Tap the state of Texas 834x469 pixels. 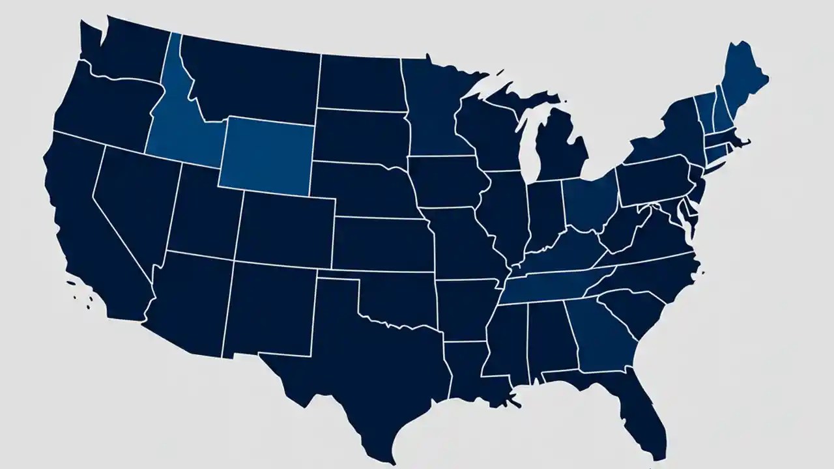click(365, 365)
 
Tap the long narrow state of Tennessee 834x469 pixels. click(554, 287)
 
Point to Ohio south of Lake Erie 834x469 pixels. click(590, 202)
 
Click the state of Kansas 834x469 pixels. click(381, 244)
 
